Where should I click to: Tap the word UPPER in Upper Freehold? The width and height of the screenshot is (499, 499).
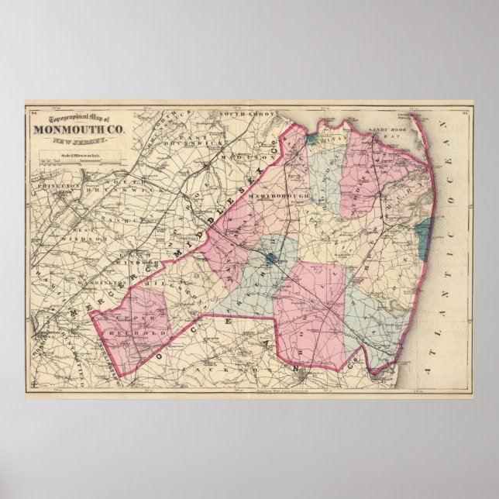pos(128,318)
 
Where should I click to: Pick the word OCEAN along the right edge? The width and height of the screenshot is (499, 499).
pos(453,167)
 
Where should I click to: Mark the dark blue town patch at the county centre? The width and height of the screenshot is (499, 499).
pos(270,260)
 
